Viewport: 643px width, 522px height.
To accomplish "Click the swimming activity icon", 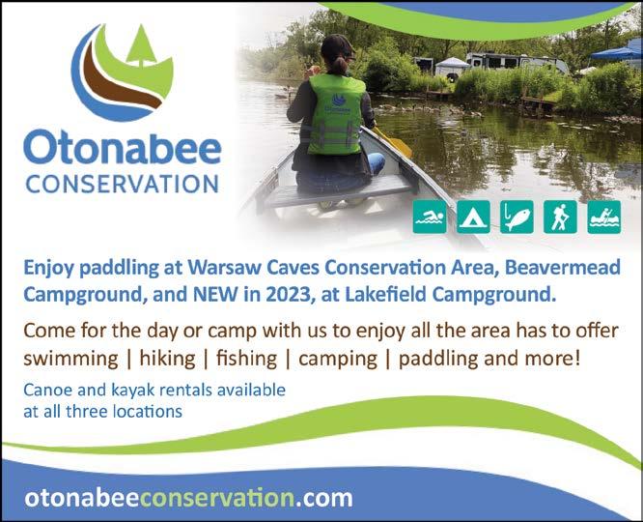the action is click(430, 217).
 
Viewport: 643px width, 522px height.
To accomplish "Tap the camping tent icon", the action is click(473, 217).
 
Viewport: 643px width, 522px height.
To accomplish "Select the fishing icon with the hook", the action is click(517, 217).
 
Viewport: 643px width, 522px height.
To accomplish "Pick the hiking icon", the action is click(560, 217).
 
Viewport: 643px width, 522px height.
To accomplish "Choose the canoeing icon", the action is click(604, 217).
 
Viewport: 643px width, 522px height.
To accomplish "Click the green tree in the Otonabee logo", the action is click(141, 45).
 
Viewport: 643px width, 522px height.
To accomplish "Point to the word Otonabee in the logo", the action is click(123, 147).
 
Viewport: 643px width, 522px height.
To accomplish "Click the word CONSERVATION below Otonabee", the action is click(123, 184).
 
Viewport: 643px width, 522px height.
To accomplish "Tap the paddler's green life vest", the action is click(336, 115).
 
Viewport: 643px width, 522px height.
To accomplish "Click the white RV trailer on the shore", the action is click(517, 63).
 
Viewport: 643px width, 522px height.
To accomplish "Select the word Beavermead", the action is click(563, 268).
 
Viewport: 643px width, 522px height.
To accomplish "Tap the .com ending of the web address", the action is click(323, 498).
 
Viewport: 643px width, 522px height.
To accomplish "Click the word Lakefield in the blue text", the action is click(386, 294).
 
